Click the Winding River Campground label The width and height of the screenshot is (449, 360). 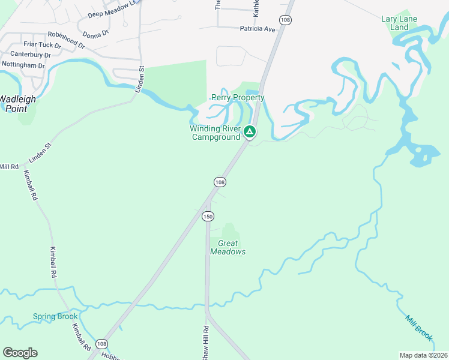tap(215, 133)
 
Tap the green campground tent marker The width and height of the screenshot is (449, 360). tap(250, 131)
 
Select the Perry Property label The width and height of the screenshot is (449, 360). tap(238, 98)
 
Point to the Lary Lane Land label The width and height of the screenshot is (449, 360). tap(399, 23)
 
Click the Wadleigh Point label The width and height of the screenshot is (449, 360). tap(17, 104)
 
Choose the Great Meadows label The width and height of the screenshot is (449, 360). tap(228, 248)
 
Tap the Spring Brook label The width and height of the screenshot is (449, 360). tap(55, 317)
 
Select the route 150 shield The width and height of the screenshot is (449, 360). tap(208, 216)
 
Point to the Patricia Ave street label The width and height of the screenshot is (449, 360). tap(257, 29)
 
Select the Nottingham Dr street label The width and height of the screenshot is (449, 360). tap(23, 65)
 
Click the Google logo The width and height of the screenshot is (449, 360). tap(20, 353)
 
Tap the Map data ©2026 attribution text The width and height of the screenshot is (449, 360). tap(423, 355)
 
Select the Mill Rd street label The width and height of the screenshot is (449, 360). tap(10, 166)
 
